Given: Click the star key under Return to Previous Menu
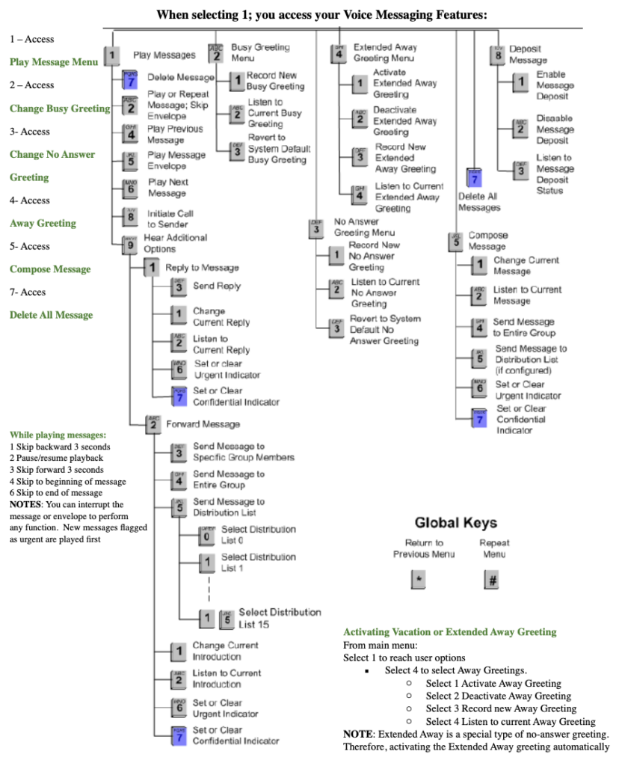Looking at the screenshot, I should pos(418,580).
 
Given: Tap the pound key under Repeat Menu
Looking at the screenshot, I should pos(492,580).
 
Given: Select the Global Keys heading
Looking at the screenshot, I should pos(455,522).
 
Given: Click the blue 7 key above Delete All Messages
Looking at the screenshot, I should pos(472,177).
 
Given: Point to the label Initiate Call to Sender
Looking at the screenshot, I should pos(170,218).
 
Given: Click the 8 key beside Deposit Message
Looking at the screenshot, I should pos(497,55).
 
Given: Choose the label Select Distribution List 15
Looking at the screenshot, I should pos(280,618).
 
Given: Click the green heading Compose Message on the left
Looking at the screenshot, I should pos(50,269).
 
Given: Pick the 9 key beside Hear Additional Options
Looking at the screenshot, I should pos(129,243).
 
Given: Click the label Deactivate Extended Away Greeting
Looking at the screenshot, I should pos(405,120).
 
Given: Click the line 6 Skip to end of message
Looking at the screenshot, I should pos(56,493).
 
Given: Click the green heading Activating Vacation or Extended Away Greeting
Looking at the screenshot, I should pos(449,632).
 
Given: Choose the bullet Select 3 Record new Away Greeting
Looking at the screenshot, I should pos(501,708).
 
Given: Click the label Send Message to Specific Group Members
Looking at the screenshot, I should pos(244,452).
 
